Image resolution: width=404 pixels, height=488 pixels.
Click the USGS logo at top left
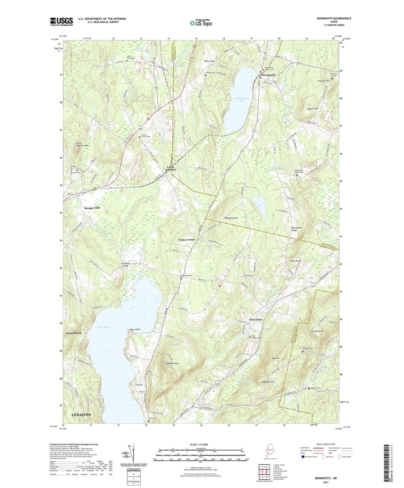pyautogui.click(x=61, y=22)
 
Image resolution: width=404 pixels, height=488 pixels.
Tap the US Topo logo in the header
pyautogui.click(x=201, y=23)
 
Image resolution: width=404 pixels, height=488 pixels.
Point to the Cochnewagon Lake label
pyautogui.click(x=242, y=100)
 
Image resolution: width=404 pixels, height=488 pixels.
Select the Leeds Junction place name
pyautogui.click(x=170, y=168)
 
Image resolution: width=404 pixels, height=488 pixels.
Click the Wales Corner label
pyautogui.click(x=187, y=240)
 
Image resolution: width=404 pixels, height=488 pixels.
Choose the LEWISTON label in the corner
pyautogui.click(x=81, y=415)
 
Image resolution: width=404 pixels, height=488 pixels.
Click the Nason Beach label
pyautogui.click(x=74, y=333)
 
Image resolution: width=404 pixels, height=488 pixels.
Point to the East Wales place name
pyautogui.click(x=256, y=320)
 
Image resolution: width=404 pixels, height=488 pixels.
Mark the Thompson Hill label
pyautogui.click(x=231, y=218)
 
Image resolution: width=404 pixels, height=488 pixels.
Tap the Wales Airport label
pyautogui.click(x=295, y=261)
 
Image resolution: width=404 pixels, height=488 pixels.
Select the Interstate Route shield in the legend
pyautogui.click(x=303, y=457)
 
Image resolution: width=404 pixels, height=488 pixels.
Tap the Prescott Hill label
pyautogui.click(x=323, y=81)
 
